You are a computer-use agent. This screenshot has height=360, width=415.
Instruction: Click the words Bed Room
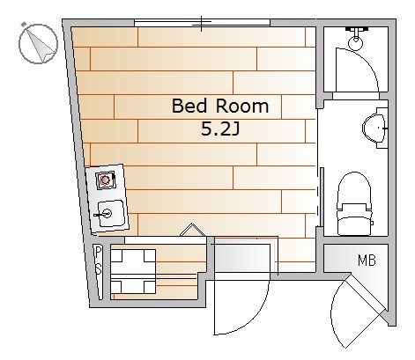[x=220, y=106]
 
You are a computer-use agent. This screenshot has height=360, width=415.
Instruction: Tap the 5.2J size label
[x=220, y=129]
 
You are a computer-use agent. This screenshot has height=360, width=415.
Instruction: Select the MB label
[x=367, y=261]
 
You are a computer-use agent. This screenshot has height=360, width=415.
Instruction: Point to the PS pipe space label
[x=98, y=261]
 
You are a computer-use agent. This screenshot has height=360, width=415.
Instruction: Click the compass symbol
[x=38, y=43]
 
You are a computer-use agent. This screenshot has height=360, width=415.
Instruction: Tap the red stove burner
[x=105, y=180]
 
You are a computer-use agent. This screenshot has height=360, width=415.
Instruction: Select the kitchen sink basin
[x=111, y=213]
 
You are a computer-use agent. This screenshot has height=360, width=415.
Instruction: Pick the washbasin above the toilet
[x=374, y=128]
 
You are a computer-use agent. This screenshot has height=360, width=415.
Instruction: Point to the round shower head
[x=356, y=43]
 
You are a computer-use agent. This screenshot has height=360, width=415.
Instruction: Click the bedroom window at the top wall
[x=202, y=23]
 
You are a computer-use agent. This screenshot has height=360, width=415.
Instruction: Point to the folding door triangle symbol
[x=193, y=230]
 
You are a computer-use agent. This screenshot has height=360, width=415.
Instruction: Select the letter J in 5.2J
[x=236, y=129]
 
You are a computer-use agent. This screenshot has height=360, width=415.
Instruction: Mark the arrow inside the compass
[x=41, y=46]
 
